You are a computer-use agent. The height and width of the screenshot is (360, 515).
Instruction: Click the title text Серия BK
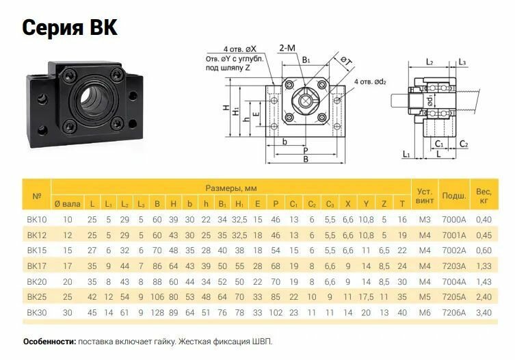(70, 27)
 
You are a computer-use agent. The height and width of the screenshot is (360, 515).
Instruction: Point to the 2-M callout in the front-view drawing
(287, 49)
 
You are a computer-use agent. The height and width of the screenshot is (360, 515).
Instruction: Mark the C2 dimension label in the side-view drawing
(464, 144)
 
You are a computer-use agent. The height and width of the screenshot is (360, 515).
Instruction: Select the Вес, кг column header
(483, 196)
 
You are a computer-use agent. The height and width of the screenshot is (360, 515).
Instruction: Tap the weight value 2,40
(483, 297)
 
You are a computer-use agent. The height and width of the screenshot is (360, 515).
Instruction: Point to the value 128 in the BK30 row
(157, 313)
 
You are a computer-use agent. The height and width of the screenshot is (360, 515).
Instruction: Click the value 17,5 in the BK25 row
(366, 297)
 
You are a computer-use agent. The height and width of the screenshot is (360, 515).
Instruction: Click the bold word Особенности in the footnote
(49, 341)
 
